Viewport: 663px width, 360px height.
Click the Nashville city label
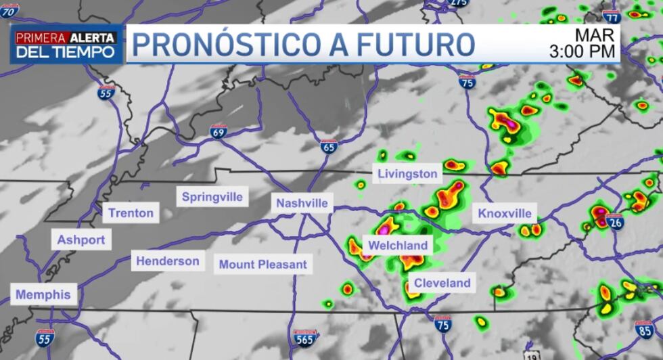302,203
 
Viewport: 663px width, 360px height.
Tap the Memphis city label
43,295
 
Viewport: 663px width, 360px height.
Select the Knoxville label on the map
505,214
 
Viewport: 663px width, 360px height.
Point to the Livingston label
407,174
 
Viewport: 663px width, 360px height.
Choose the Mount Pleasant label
263,265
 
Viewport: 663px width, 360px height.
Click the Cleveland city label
442,283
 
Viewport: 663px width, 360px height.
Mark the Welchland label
398,246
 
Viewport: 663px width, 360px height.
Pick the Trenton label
131,212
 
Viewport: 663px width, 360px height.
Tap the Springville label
212,198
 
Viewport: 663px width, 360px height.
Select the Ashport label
81,240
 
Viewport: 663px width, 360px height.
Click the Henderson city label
168,261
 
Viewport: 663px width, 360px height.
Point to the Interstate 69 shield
218,131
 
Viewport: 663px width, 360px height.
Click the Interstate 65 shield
329,146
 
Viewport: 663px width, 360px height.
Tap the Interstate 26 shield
614,221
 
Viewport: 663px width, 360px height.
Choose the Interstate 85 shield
645,329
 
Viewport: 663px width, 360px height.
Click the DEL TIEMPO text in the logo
66,52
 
